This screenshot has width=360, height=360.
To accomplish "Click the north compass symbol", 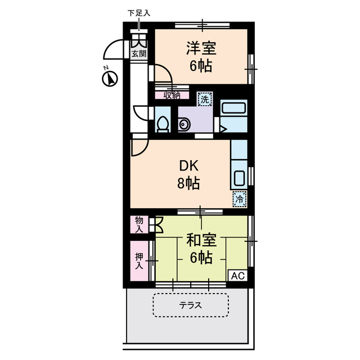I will coord(110,79).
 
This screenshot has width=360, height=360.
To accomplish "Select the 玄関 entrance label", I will coord(139,54).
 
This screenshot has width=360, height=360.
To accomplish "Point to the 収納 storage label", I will coord(172,95).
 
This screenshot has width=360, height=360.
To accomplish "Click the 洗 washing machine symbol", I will coord(205,99).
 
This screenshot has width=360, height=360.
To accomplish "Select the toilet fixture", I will coord(163,124).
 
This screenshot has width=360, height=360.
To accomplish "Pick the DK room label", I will coord(190,166).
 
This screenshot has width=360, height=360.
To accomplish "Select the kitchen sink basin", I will coord(238,179).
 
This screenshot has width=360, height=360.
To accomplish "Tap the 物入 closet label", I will coord(139,224).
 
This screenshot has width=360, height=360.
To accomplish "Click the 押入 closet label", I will coord(139,262).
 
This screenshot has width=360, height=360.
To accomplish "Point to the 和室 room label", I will coord(201,241).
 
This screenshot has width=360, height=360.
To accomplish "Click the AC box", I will coord(237,276).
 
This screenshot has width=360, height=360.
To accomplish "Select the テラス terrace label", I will coord(190,306).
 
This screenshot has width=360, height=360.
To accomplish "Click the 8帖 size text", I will coord(190,183).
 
